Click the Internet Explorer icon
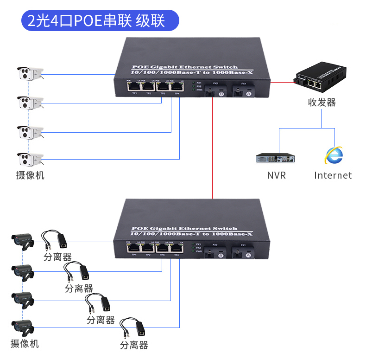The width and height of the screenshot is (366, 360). [x=334, y=156]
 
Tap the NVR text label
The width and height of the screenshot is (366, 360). [x=277, y=175]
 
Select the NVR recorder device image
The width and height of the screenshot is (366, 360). [x=275, y=158]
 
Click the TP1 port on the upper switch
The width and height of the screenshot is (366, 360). [x=134, y=86]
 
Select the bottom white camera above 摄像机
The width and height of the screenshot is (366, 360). [x=30, y=159]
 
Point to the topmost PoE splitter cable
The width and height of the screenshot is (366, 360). [x=54, y=239]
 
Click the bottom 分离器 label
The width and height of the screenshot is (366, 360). [x=134, y=345]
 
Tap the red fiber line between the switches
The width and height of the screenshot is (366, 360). [x=212, y=148]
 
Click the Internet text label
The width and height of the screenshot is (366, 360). [x=333, y=175]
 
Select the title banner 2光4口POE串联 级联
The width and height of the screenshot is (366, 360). [x=100, y=21]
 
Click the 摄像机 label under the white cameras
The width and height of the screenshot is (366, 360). [x=30, y=175]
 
